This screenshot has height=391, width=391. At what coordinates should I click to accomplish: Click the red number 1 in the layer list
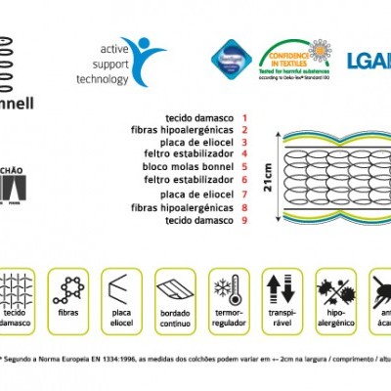coord(244,117)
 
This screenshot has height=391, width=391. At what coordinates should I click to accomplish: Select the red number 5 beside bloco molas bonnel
coord(244,167)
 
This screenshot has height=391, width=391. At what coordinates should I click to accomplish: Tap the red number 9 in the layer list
coord(244,220)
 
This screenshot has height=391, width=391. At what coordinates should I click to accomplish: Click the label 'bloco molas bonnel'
coord(191,167)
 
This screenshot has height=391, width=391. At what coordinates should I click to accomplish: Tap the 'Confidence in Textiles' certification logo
coord(294,58)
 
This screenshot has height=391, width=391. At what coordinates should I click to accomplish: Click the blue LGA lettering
coord(369,62)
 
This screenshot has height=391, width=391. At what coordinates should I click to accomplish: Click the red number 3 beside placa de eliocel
coord(244,142)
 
